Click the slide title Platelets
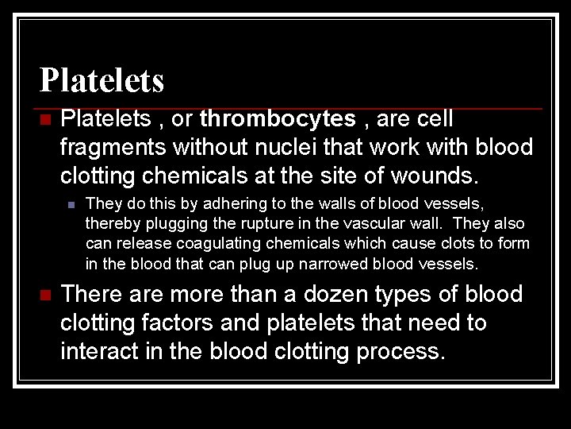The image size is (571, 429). click(x=102, y=80)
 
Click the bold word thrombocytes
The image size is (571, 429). click(x=278, y=119)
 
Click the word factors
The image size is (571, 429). click(x=182, y=323)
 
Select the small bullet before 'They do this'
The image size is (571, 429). click(x=71, y=205)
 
